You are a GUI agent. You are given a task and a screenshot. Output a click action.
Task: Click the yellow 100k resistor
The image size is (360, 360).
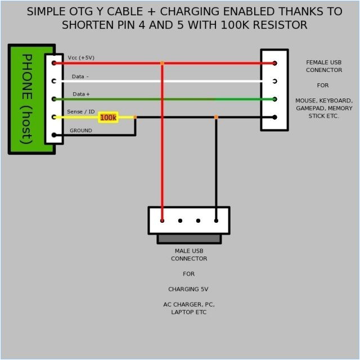click(x=108, y=118)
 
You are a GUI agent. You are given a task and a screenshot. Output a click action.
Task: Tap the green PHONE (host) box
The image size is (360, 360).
click(x=26, y=99)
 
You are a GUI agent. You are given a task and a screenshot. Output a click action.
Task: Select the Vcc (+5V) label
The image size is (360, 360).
click(x=81, y=58)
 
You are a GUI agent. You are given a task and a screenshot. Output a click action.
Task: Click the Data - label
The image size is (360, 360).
click(x=80, y=76)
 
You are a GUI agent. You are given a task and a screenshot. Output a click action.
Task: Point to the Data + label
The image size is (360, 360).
click(x=81, y=94)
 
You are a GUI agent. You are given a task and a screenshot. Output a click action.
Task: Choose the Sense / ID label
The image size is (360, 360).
click(x=81, y=112)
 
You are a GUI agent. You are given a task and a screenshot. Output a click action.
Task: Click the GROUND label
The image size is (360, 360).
click(x=80, y=130)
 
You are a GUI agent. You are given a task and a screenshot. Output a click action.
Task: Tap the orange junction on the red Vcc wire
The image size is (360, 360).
click(x=162, y=63)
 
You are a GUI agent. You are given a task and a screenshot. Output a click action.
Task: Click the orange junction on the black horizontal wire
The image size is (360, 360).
click(x=216, y=117)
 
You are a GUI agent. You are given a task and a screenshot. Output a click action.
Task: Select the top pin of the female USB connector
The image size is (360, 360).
click(x=274, y=63)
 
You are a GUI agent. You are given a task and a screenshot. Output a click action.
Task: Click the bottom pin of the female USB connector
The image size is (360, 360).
click(x=274, y=117)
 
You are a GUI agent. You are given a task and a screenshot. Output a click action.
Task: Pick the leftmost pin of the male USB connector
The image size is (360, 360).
click(x=162, y=220)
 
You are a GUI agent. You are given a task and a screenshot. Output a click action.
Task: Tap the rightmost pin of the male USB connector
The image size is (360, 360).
click(x=216, y=220)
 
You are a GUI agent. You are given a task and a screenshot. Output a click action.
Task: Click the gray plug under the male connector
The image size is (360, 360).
click(x=189, y=239)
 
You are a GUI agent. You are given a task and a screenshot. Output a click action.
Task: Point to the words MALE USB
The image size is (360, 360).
click(x=189, y=251)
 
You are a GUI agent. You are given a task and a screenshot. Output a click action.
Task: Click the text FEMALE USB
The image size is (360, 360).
click(x=323, y=62)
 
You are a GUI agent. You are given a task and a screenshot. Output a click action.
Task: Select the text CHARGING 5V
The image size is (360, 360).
click(x=189, y=289)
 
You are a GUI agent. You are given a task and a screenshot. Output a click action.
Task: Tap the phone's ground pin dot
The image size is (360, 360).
click(x=54, y=135)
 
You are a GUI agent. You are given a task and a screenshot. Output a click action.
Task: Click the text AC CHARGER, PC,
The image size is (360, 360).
click(x=189, y=304)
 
